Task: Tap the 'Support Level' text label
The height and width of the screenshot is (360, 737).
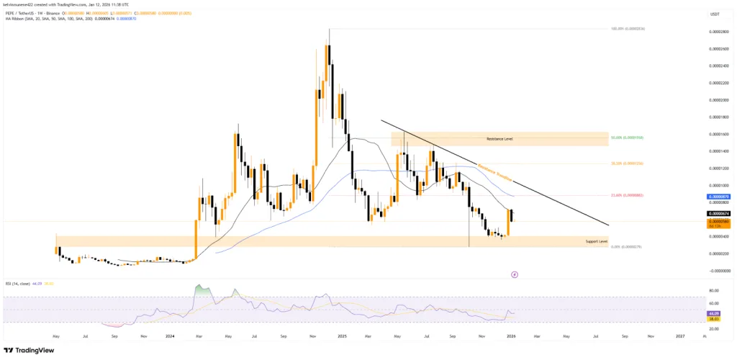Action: tap(597, 241)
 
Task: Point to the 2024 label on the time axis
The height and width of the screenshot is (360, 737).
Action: tap(170, 336)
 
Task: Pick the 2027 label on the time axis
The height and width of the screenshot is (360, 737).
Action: tap(680, 336)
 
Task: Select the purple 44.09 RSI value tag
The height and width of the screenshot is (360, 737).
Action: tap(715, 314)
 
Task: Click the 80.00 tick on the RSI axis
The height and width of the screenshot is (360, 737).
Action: tap(715, 291)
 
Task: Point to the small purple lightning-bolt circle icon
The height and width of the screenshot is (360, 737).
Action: tap(515, 274)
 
